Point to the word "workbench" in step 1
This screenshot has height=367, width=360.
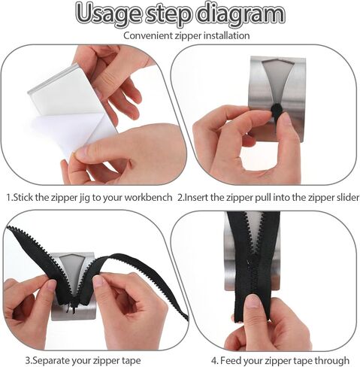148,197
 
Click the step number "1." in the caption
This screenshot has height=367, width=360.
9,197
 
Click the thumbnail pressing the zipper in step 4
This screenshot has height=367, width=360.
253,301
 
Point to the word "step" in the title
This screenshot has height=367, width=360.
168,14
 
